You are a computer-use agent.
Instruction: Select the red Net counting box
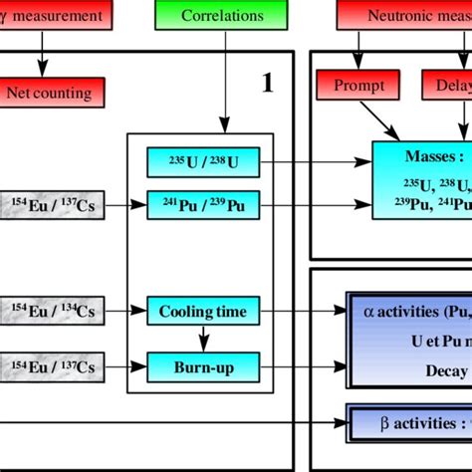49,93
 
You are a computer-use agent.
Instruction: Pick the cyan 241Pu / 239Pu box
202,205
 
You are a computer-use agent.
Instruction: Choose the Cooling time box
202,312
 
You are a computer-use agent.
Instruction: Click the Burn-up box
202,367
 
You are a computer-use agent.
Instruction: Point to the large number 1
267,84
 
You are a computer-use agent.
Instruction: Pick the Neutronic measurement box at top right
403,16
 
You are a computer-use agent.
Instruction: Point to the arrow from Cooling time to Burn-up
202,339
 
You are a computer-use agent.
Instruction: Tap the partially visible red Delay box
447,86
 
